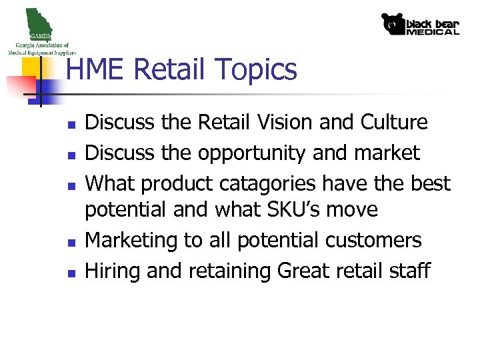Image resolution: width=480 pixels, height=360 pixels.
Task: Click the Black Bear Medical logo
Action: pyautogui.click(x=420, y=24)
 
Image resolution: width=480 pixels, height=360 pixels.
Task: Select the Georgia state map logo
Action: pyautogui.click(x=40, y=27)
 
